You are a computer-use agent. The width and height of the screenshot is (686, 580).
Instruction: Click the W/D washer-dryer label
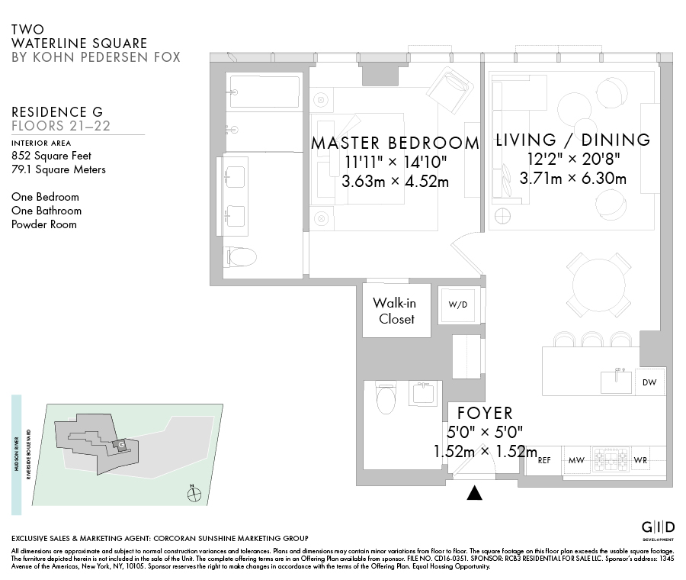tap(457, 304)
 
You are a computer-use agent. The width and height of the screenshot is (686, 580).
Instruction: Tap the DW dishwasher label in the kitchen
tap(649, 382)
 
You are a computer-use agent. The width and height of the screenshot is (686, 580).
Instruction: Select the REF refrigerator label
tap(544, 460)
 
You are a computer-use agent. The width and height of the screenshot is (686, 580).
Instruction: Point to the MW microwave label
tap(576, 460)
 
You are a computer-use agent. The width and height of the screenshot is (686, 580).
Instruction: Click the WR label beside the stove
tap(640, 460)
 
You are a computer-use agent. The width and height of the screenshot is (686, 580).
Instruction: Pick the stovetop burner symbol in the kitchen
tap(611, 459)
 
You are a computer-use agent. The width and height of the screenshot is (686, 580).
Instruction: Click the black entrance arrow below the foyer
tap(474, 493)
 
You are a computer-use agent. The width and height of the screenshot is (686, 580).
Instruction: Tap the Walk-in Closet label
tap(396, 311)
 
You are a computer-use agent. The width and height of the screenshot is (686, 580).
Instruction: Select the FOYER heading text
tap(485, 413)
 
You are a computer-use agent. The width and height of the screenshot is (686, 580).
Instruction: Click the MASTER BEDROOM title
tap(395, 143)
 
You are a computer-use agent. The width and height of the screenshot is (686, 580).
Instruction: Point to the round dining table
tap(598, 285)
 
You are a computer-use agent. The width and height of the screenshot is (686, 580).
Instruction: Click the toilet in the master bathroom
tap(241, 257)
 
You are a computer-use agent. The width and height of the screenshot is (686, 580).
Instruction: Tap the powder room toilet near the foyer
tap(386, 398)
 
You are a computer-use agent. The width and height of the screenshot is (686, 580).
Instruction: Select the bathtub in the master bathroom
tap(264, 92)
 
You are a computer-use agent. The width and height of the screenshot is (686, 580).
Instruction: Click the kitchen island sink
tap(616, 381)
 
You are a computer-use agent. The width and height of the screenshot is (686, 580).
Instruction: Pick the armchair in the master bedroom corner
tap(450, 91)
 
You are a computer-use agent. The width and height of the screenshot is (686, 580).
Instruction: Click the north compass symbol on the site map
tap(194, 494)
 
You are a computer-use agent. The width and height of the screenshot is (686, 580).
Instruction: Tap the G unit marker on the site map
tap(121, 445)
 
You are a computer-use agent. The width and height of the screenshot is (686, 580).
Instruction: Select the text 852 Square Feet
tap(51, 156)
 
